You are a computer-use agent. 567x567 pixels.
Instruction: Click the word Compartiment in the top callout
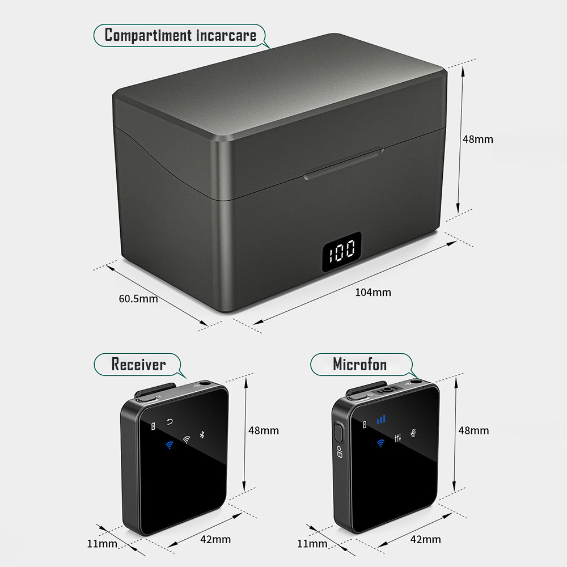148,36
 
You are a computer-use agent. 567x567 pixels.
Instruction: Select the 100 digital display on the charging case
342,250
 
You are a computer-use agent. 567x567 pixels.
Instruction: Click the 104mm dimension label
373,293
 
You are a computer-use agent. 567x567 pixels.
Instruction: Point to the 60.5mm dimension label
138,299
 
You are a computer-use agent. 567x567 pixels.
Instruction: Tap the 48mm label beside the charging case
478,139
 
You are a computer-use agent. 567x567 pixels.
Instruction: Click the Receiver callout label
138,364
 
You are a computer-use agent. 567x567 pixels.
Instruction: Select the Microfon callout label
359,364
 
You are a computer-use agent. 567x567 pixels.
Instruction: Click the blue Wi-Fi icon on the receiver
168,445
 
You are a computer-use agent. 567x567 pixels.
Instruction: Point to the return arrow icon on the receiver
170,422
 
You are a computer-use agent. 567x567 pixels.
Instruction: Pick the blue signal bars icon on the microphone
381,420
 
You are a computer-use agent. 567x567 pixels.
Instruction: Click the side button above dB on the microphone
339,433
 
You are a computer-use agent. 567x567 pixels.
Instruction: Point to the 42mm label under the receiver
215,539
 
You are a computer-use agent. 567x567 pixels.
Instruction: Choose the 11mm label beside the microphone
312,544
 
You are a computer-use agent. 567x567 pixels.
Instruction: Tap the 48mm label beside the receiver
264,430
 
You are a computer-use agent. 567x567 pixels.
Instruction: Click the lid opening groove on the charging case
344,164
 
